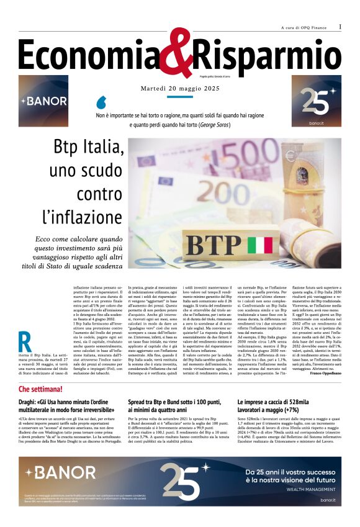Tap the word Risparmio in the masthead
click(267, 57)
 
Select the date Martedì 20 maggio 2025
click(180, 89)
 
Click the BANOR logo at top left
click(43, 101)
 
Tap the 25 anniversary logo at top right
click(317, 101)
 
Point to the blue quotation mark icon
click(102, 102)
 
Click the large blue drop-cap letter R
click(25, 343)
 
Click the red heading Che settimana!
click(40, 389)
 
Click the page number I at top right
click(340, 27)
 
